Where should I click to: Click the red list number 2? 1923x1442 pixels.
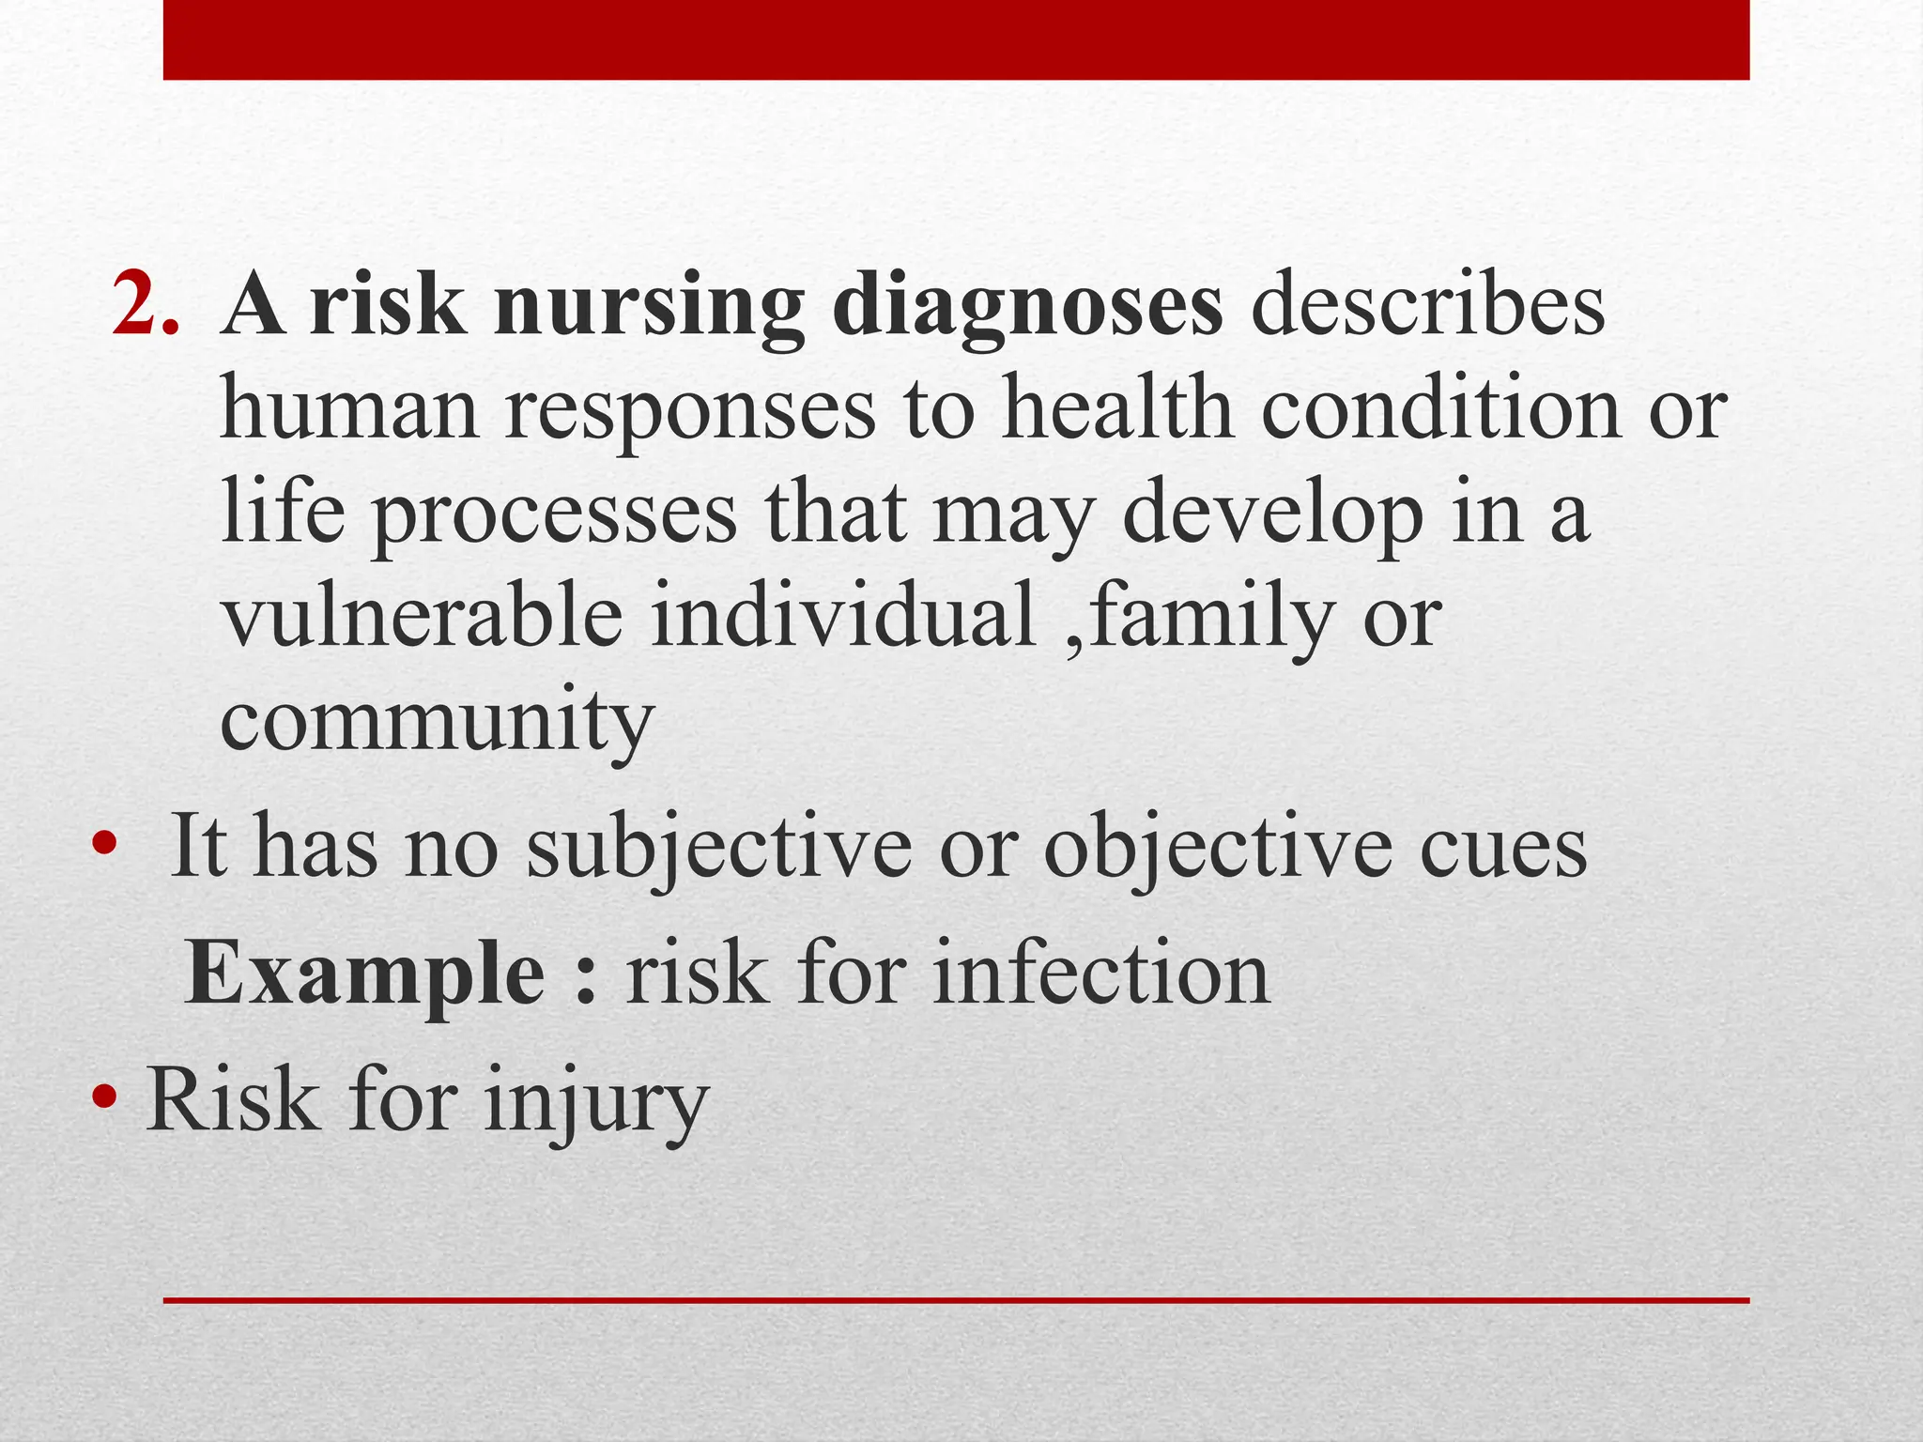(x=144, y=305)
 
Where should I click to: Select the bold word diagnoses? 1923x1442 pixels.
(x=1027, y=308)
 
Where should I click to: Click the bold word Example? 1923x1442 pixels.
(x=365, y=976)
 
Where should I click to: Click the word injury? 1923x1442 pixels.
(x=595, y=1103)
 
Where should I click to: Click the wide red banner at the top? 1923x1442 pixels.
(x=956, y=39)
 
